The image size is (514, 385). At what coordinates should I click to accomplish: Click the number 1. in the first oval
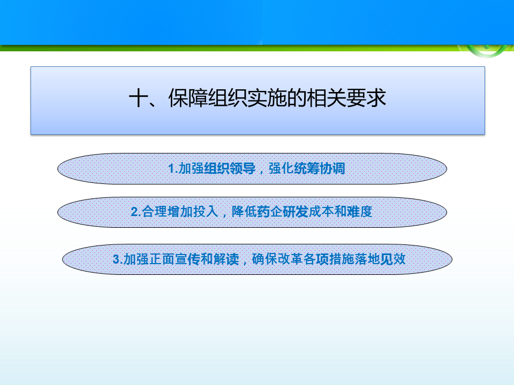[x=173, y=168]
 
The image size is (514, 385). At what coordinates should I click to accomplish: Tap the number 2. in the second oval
[x=135, y=212]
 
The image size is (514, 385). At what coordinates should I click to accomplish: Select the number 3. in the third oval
[x=118, y=259]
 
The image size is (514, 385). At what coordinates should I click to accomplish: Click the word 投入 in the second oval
[x=206, y=212]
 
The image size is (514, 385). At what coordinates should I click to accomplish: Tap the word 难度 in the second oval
[x=360, y=212]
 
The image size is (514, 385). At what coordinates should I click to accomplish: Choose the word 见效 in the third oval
[x=392, y=259]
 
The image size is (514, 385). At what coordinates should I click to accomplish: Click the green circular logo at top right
[x=487, y=51]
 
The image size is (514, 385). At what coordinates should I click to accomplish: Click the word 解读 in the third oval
[x=226, y=259]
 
